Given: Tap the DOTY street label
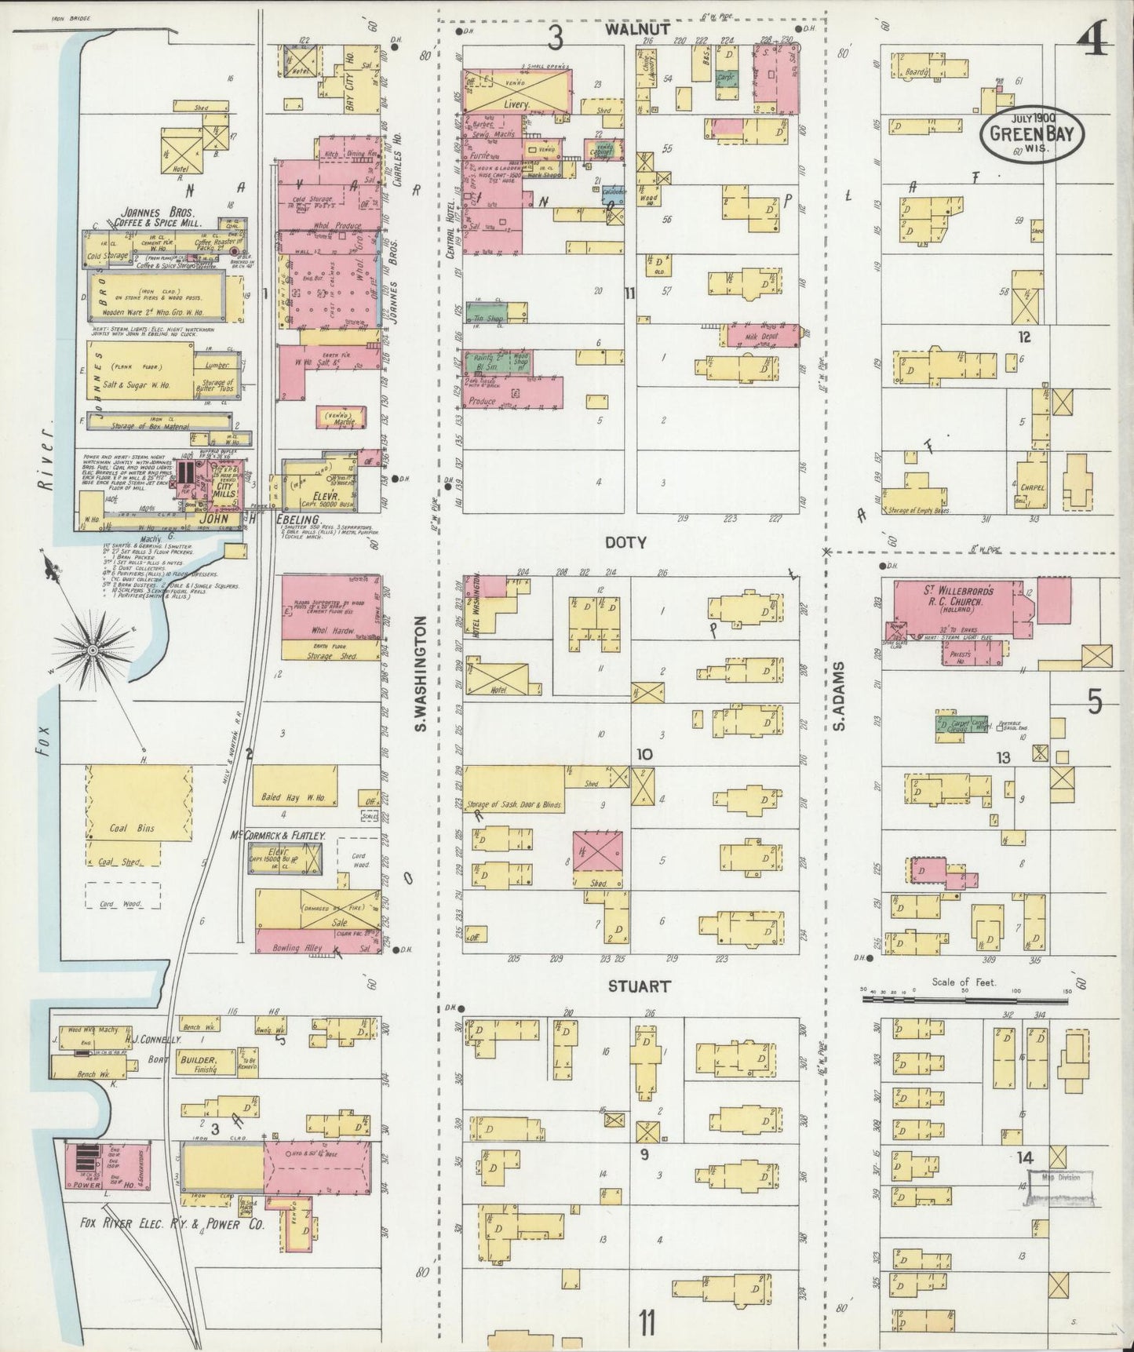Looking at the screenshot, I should pos(625,542).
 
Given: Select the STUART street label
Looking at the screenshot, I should pos(639,986).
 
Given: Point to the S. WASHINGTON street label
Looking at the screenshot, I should pos(421,673).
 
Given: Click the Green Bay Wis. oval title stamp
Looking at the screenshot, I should pos(1030,133).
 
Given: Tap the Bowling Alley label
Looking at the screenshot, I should pos(297,948).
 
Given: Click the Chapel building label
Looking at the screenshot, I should pos(1033,487).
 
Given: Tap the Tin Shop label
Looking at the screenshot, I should pos(488,317).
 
